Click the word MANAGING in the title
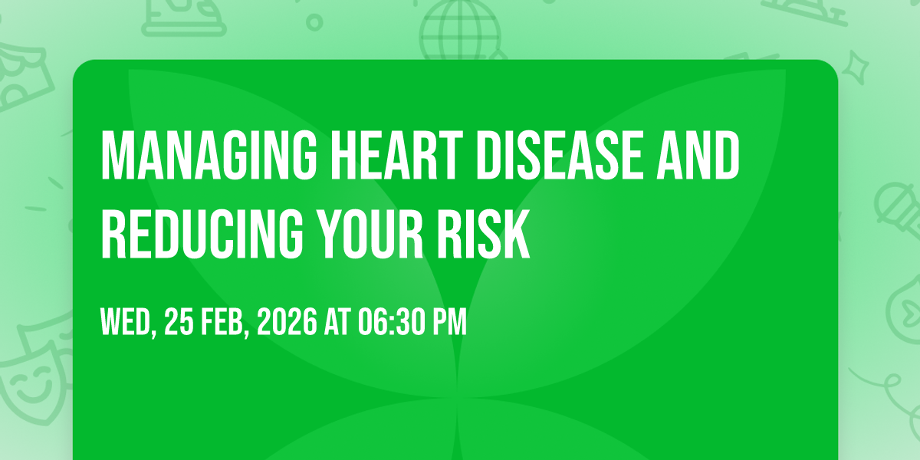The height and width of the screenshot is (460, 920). click(209, 155)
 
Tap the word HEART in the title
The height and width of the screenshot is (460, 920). click(397, 155)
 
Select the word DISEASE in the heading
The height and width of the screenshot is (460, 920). click(559, 155)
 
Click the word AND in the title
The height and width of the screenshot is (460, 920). click(698, 155)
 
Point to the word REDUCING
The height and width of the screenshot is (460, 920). click(202, 235)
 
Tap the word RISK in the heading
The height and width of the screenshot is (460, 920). click(484, 235)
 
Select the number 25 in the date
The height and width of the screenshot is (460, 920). click(179, 321)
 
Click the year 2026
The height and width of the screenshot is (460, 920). click(287, 321)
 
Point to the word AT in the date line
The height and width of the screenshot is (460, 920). click(337, 321)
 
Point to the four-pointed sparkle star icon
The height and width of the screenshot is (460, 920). click(856, 67)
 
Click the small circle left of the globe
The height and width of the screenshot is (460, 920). click(314, 22)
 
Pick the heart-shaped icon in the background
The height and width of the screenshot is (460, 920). click(905, 312)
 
